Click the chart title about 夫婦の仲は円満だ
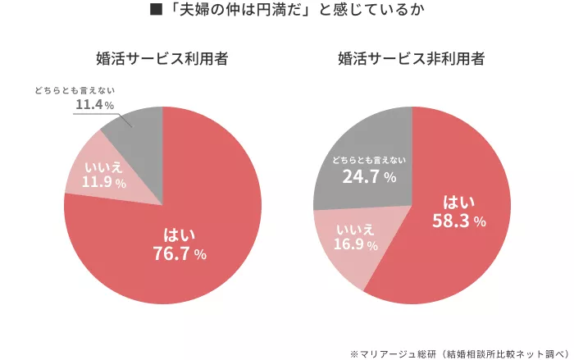pos(294,11)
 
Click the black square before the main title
pos(153,11)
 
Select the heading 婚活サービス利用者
pos(162,59)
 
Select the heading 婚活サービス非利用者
pos(411,59)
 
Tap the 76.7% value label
pos(180,254)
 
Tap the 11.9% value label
pos(104,183)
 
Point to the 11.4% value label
pos(94,105)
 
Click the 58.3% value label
pos(459,221)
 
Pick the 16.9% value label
pos(355,244)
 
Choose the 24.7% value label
pos(369,176)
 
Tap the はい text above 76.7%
pos(179,235)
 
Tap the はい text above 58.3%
pos(458,202)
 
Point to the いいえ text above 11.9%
pos(104,167)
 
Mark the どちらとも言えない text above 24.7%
pos(369,158)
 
